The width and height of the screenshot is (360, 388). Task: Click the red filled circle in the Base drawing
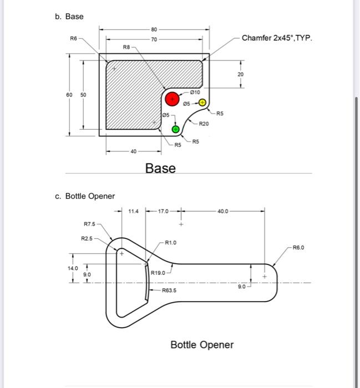(x=173, y=98)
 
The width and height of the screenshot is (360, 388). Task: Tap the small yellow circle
(x=203, y=103)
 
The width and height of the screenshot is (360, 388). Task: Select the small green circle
(x=175, y=129)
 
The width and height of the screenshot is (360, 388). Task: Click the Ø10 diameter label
(x=195, y=92)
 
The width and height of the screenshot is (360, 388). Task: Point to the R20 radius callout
(x=204, y=124)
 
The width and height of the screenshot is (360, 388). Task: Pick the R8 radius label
(x=126, y=48)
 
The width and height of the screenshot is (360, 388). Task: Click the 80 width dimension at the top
(x=154, y=29)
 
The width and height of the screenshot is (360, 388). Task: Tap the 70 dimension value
(x=154, y=39)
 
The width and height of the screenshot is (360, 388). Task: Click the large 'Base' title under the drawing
(x=160, y=168)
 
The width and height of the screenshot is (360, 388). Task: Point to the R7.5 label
(x=89, y=224)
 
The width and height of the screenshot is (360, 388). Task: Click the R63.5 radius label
(x=170, y=290)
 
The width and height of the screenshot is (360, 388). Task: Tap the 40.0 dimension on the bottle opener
(x=222, y=211)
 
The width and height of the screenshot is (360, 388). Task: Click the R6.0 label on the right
(x=298, y=248)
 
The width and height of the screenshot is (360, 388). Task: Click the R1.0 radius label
(x=171, y=242)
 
